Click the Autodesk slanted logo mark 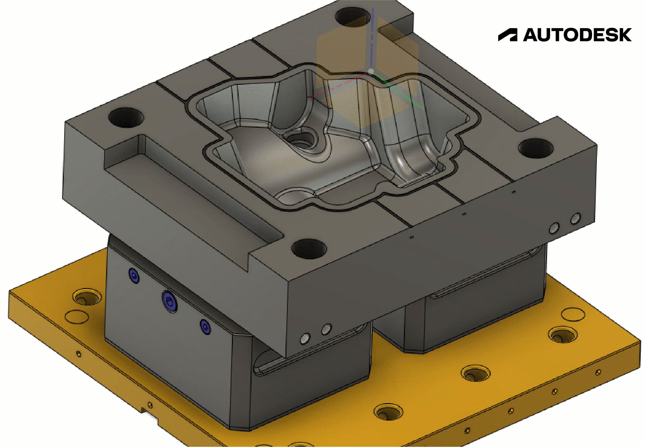508,35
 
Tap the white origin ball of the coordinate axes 371,72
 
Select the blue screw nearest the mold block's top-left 134,276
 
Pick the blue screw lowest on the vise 205,327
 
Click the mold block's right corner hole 535,148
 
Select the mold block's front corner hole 309,248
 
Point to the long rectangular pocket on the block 189,189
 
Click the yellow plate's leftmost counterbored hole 87,297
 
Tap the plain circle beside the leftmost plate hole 77,316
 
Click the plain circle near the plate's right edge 573,314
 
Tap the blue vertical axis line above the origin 373,38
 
